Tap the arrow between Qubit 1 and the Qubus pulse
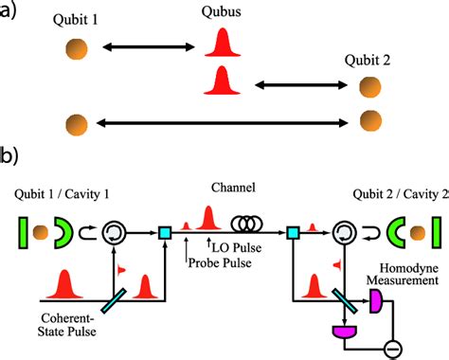click(146, 45)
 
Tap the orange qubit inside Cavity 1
click(41, 229)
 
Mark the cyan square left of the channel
click(164, 229)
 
